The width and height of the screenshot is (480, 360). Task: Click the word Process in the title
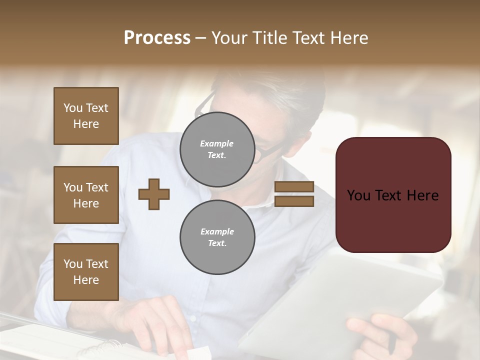pos(157,38)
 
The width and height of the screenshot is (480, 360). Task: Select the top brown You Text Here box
pos(86,116)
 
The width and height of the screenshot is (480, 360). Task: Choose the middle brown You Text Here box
pos(86,195)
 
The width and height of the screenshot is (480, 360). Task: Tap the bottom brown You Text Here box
pos(86,272)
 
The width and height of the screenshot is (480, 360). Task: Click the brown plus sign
pos(154,194)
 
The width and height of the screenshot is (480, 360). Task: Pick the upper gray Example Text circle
pos(217,149)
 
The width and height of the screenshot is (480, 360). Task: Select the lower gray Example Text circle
pos(217,237)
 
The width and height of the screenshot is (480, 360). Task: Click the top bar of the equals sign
pos(294,186)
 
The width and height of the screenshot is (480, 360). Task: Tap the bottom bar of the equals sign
pos(294,201)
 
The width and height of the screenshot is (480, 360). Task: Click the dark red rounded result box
pos(393,195)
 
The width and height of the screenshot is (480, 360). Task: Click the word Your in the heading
pos(230,38)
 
